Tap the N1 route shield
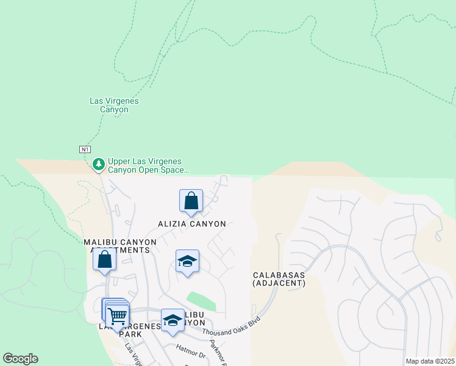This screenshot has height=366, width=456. click(85, 149)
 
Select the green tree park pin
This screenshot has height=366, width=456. click(98, 163)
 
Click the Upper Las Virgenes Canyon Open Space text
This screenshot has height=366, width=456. click(149, 167)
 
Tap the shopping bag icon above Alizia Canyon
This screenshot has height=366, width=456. click(191, 201)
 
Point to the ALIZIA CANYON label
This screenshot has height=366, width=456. click(191, 224)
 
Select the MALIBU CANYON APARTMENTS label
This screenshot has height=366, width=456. click(120, 246)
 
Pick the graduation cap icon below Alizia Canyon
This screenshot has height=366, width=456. click(187, 262)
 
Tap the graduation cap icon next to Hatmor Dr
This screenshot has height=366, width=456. click(173, 321)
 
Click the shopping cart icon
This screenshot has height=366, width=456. click(117, 315)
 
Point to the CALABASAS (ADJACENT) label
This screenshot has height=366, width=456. click(279, 279)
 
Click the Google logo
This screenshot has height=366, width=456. click(20, 359)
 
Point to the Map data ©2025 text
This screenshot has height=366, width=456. click(430, 361)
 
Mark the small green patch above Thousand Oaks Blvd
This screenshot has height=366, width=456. click(201, 301)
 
